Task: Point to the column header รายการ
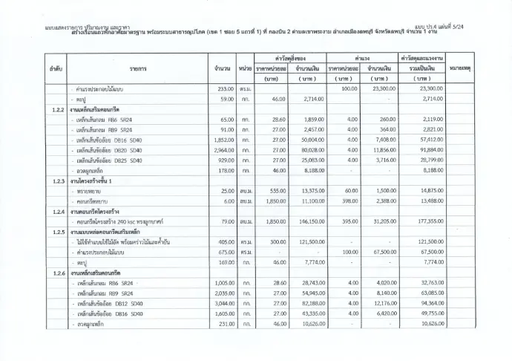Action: pos(137,68)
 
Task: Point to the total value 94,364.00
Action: pos(428,302)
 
